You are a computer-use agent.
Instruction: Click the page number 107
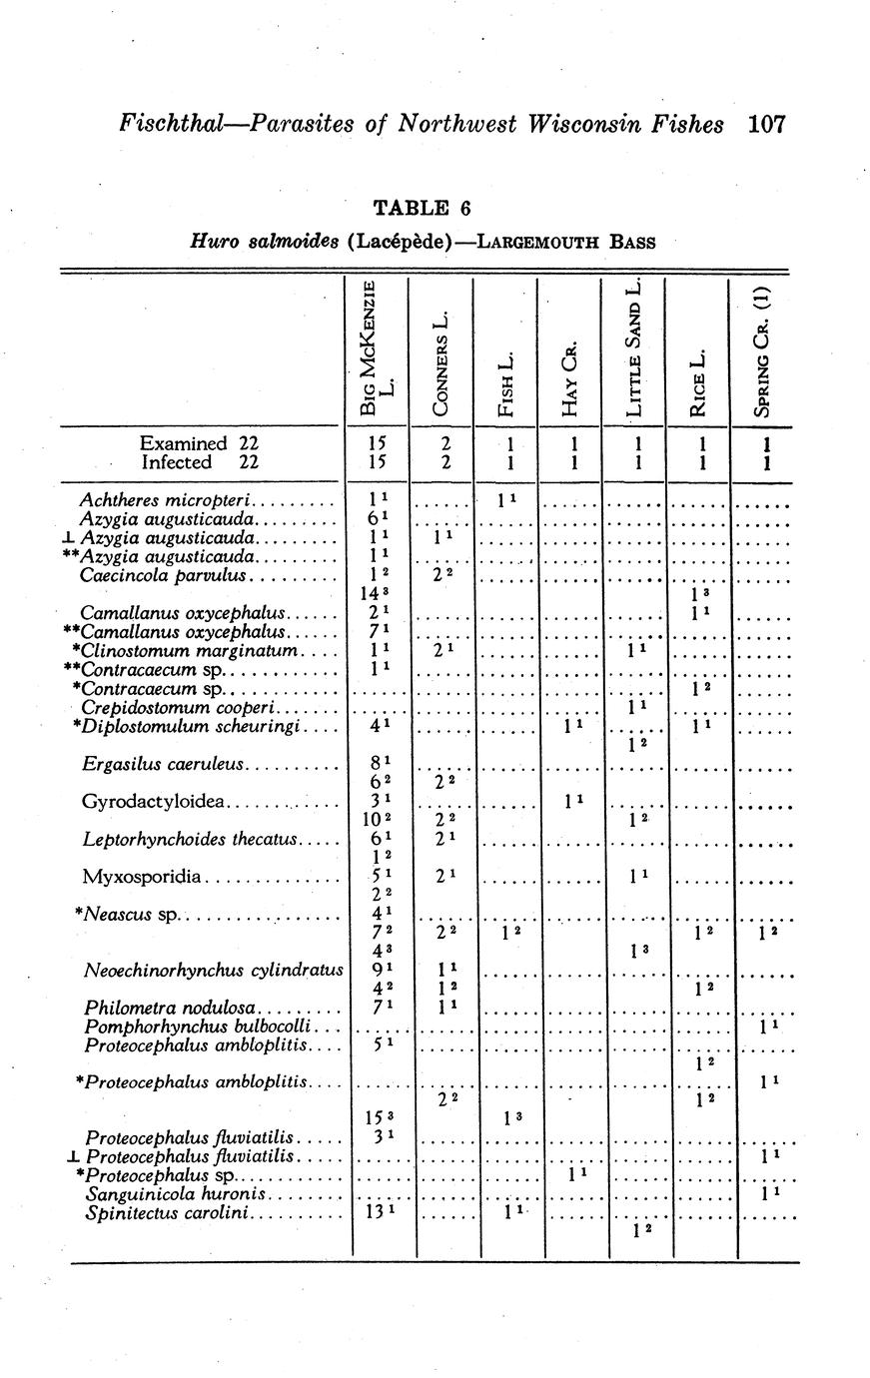(x=767, y=124)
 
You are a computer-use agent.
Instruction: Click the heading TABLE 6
(x=421, y=208)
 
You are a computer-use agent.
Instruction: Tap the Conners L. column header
(x=442, y=365)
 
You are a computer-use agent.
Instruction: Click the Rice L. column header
(x=698, y=381)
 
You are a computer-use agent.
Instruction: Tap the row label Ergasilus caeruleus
(x=164, y=765)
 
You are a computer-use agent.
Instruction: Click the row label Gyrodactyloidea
(x=156, y=802)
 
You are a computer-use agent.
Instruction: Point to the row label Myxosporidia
(x=143, y=877)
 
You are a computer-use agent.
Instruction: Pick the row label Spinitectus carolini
(x=170, y=1214)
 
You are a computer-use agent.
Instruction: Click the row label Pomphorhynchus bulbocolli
(x=200, y=1027)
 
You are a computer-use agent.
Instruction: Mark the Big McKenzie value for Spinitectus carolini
(x=372, y=1213)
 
